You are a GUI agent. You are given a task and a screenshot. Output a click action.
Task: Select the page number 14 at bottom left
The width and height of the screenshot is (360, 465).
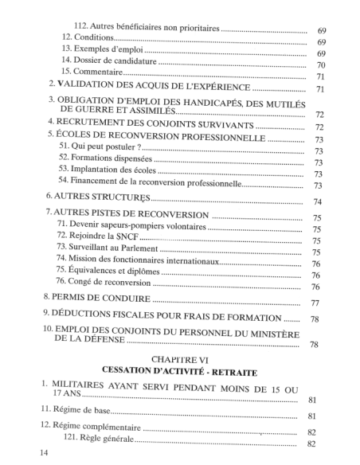pos(33,453)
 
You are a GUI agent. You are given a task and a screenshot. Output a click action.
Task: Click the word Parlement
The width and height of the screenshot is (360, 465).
pos(134,252)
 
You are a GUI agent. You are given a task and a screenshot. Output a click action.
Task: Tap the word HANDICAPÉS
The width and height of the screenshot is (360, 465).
pos(195,101)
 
